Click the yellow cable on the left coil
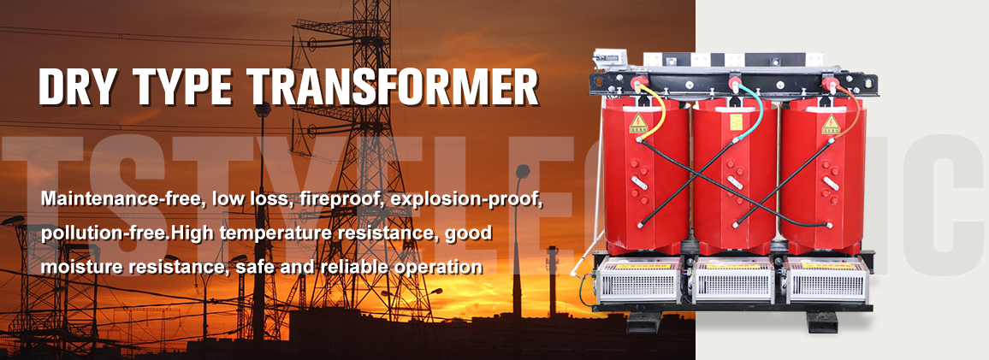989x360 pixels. tap(660, 115)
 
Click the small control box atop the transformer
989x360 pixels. tap(607, 59)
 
